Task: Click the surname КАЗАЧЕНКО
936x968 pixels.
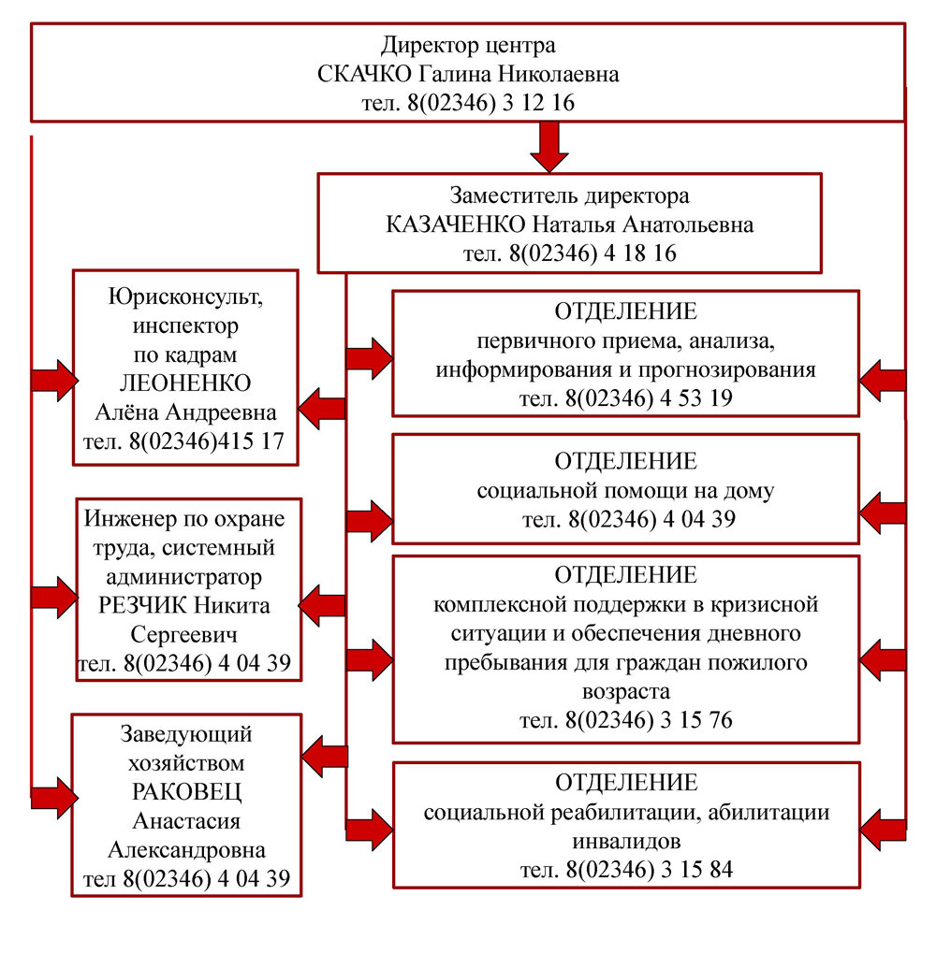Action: pos(456,225)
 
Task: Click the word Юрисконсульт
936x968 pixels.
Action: pos(186,297)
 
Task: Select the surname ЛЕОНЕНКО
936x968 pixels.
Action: pos(185,384)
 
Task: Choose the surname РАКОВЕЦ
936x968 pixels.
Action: pos(186,792)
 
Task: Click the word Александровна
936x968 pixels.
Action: pos(186,850)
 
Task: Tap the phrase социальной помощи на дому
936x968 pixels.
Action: pos(625,491)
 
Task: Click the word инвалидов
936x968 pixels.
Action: pos(625,842)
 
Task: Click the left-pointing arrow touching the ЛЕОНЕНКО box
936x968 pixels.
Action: pos(322,408)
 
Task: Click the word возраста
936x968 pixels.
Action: pos(625,693)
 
